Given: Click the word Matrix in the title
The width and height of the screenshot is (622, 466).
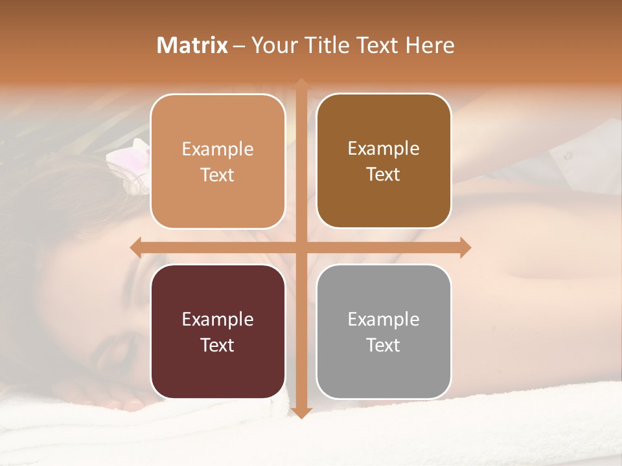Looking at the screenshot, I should tap(192, 45).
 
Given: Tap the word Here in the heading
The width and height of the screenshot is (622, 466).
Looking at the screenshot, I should tap(430, 45).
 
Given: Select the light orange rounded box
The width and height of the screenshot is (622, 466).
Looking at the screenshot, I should tap(218, 161).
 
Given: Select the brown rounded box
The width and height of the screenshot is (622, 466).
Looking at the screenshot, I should tap(384, 161).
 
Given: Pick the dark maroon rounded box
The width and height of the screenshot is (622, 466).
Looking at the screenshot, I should tap(218, 331).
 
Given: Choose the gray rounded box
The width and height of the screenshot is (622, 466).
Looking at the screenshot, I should tap(384, 331).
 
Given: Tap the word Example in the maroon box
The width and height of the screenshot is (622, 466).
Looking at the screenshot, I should tap(218, 319).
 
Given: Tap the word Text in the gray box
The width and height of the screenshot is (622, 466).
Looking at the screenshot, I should tap(384, 345).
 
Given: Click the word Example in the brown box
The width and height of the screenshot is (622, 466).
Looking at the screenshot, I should tap(384, 148).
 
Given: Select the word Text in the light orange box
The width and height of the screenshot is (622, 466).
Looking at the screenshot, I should tap(218, 175).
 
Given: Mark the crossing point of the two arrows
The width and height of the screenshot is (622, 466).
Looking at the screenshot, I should tap(301, 247).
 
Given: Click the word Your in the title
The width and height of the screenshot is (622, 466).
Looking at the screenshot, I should tap(272, 45).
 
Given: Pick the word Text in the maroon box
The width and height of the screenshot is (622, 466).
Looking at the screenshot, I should tap(218, 345).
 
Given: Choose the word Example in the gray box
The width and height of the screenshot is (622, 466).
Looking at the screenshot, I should tap(384, 319).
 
